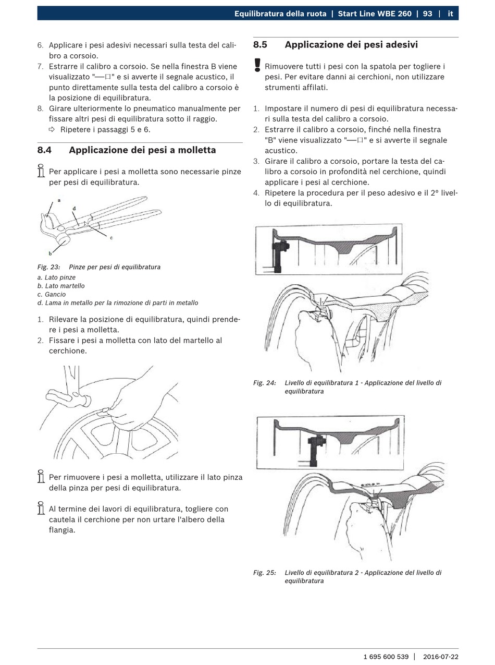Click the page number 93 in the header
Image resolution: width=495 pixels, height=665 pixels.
pyautogui.click(x=427, y=14)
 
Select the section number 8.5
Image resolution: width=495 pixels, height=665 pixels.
pyautogui.click(x=260, y=45)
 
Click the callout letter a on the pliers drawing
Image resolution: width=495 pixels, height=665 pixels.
pyautogui.click(x=59, y=200)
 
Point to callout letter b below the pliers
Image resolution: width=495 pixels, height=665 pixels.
pyautogui.click(x=50, y=253)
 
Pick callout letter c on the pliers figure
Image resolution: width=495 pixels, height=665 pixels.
pyautogui.click(x=111, y=238)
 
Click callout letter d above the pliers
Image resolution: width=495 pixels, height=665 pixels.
pyautogui.click(x=74, y=209)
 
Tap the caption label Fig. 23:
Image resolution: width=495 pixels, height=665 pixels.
pyautogui.click(x=48, y=267)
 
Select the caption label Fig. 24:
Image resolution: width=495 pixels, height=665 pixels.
pyautogui.click(x=265, y=383)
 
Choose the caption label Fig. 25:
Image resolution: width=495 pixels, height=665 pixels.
pyautogui.click(x=265, y=573)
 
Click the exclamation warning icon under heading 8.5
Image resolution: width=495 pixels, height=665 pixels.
pyautogui.click(x=257, y=65)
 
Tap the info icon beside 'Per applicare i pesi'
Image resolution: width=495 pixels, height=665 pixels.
pyautogui.click(x=41, y=171)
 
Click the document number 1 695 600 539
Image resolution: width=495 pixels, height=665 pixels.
pyautogui.click(x=386, y=657)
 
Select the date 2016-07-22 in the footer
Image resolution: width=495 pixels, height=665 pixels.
pyautogui.click(x=441, y=657)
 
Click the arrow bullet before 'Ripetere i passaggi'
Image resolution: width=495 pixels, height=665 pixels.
pyautogui.click(x=52, y=130)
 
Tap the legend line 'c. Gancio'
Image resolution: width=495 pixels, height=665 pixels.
pyautogui.click(x=52, y=294)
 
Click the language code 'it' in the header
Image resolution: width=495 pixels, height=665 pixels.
pyautogui.click(x=450, y=14)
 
